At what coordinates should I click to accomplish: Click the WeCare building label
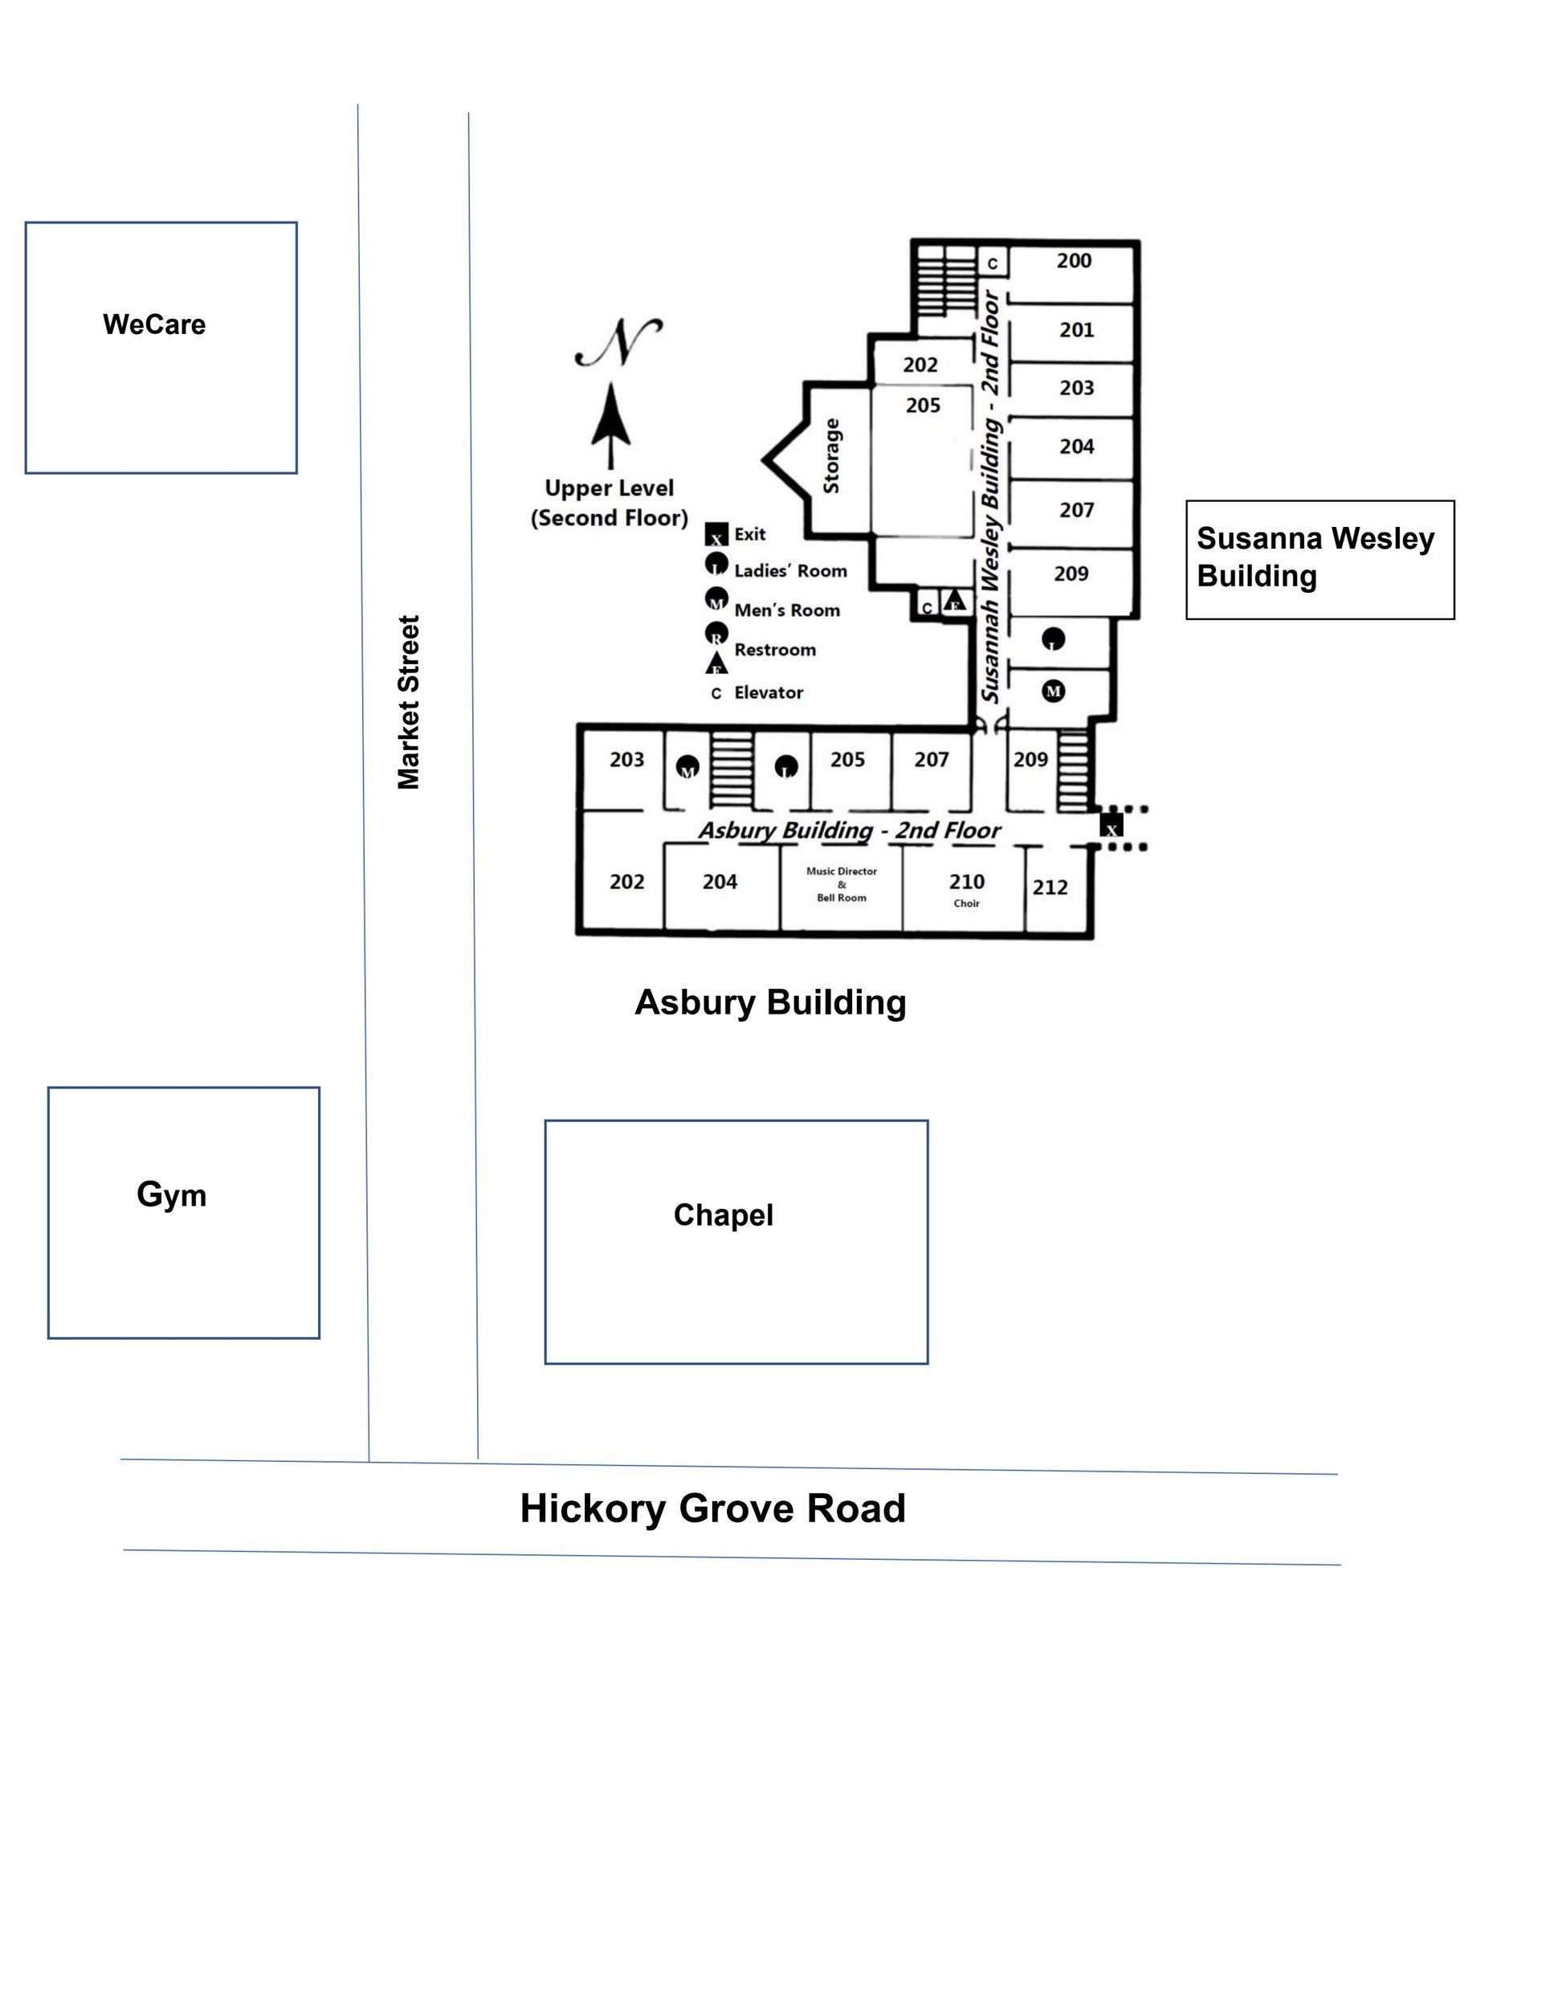(x=153, y=325)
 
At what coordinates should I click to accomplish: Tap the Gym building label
(x=171, y=1194)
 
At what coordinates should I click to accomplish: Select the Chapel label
(x=723, y=1214)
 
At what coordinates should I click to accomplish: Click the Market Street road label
(x=409, y=702)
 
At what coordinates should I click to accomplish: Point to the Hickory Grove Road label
(x=712, y=1508)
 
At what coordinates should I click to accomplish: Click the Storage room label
(x=832, y=456)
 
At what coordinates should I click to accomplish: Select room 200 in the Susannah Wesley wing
(x=1074, y=261)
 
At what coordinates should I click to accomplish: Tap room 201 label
(x=1076, y=330)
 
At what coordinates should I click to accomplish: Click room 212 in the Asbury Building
(x=1050, y=888)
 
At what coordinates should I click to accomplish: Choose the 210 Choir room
(x=966, y=888)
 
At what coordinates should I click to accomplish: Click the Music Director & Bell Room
(x=841, y=884)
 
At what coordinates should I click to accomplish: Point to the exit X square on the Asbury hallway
(x=1111, y=827)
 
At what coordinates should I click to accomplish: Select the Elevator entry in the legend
(x=768, y=692)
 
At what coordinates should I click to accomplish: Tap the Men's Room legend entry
(x=786, y=610)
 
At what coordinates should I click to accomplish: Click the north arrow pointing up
(x=610, y=426)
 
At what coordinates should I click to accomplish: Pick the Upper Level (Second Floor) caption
(x=609, y=503)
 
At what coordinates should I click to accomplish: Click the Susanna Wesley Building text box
(x=1319, y=558)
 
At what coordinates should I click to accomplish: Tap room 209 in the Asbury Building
(x=1030, y=760)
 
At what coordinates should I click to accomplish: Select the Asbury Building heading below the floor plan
(x=769, y=1002)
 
